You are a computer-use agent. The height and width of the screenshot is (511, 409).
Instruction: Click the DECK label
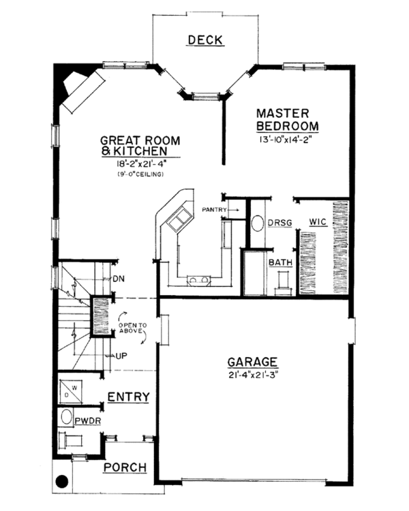204,40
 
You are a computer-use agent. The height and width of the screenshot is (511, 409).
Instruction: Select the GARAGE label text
252,361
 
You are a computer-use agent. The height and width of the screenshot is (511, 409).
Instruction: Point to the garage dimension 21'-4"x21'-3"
252,374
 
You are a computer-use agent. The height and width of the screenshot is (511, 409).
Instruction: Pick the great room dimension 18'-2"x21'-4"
138,165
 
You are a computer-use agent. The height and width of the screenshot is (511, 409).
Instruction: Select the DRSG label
277,223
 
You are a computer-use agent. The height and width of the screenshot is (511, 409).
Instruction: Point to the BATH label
279,262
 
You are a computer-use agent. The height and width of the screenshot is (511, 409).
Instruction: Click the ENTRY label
129,397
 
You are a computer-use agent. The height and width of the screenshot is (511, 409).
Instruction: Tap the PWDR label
88,421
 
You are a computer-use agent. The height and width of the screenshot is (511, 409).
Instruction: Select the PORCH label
125,467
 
